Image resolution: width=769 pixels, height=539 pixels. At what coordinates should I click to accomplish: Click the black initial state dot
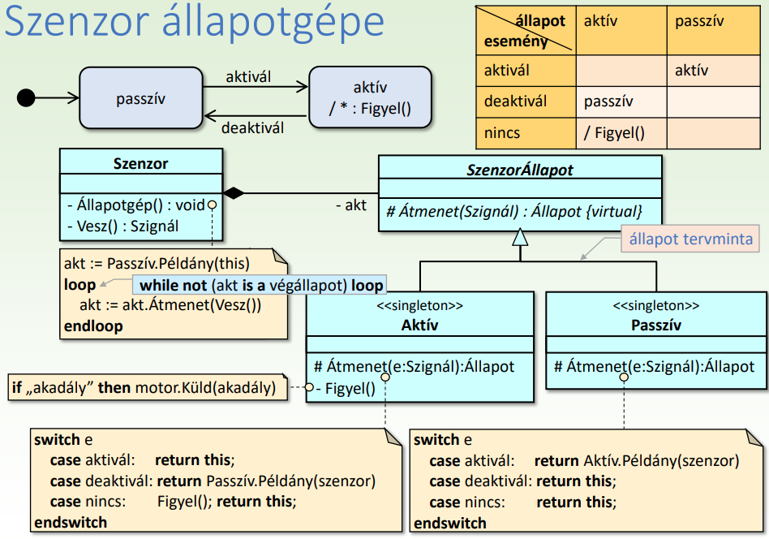[26, 98]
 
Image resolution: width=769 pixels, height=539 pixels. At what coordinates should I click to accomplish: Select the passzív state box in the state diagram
[140, 98]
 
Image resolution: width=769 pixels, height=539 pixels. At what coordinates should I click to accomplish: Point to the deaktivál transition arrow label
[252, 127]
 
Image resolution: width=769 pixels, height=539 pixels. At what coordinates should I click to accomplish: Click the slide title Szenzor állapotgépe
[195, 24]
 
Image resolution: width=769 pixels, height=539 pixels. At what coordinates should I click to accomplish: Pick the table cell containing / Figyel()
[621, 133]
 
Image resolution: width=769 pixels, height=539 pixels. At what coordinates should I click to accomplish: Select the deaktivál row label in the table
[516, 101]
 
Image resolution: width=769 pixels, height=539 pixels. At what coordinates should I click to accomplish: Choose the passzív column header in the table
[698, 21]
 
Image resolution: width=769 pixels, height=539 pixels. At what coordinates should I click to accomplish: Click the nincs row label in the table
[502, 133]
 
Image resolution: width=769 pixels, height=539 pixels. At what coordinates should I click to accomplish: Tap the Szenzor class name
[140, 163]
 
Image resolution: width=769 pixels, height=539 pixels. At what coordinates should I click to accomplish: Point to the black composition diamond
[234, 193]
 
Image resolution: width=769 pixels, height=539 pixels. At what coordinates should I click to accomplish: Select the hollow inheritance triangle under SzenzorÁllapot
[520, 237]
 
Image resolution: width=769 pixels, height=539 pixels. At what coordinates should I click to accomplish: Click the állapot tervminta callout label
[691, 239]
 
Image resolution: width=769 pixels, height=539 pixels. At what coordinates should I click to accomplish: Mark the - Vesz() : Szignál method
[123, 226]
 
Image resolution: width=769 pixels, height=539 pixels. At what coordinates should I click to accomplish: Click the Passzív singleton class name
[655, 326]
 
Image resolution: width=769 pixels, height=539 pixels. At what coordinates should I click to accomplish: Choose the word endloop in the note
[93, 326]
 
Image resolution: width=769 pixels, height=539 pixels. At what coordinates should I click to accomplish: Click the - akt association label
[351, 205]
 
